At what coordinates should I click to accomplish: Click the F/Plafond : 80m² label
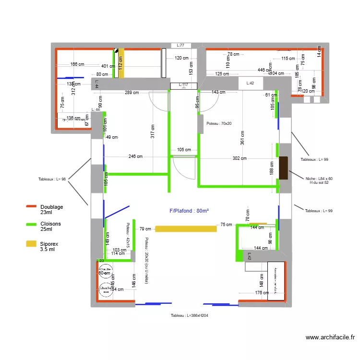pos(189,211)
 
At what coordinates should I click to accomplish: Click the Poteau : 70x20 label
pos(219,123)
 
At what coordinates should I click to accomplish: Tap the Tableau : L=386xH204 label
pos(189,315)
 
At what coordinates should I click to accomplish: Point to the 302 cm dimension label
pos(240,158)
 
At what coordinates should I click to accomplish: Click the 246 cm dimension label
pos(135,156)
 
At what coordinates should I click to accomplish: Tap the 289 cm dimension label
pos(132,93)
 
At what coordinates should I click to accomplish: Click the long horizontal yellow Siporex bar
pos(185,229)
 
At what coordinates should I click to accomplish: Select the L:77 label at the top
pos(180,45)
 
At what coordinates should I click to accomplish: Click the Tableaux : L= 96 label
pos(52,179)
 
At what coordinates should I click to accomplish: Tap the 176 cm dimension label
pos(262,292)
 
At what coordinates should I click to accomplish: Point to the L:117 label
pos(183,85)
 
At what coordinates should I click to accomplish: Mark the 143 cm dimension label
pos(218,92)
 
